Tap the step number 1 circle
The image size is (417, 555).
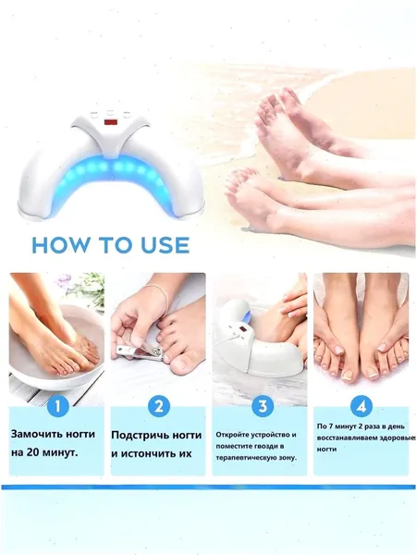(x=56, y=406)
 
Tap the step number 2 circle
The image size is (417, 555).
(x=158, y=406)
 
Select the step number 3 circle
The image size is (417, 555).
(x=262, y=406)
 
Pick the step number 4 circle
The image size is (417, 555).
(x=361, y=406)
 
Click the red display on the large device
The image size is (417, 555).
(x=110, y=123)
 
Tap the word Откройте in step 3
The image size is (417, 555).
(x=232, y=435)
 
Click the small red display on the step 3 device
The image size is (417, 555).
(x=243, y=330)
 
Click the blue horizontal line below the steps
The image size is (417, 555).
(x=208, y=487)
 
